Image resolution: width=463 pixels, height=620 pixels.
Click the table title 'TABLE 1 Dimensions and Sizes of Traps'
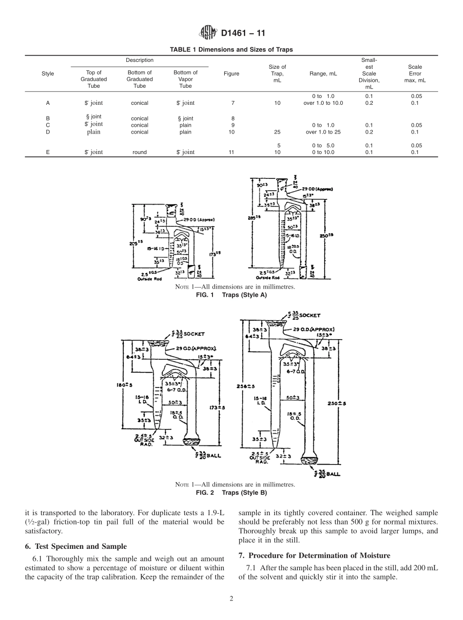pyautogui.click(x=231, y=50)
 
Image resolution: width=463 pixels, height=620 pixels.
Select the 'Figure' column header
pyautogui.click(x=231, y=74)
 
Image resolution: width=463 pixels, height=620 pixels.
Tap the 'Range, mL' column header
pyautogui.click(x=323, y=74)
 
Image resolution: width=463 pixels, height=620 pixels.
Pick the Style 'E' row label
pyautogui.click(x=48, y=152)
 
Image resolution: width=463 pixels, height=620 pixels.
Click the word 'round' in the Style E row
pyautogui.click(x=139, y=152)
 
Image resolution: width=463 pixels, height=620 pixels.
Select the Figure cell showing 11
pyautogui.click(x=231, y=152)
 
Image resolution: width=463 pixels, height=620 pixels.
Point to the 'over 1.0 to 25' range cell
pyautogui.click(x=323, y=132)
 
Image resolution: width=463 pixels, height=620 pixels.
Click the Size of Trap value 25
pyautogui.click(x=277, y=132)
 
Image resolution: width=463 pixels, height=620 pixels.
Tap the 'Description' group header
pyautogui.click(x=139, y=60)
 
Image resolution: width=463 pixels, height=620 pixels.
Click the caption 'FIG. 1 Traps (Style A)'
pyautogui.click(x=231, y=295)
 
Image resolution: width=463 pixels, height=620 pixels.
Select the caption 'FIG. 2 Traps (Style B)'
pyautogui.click(x=231, y=492)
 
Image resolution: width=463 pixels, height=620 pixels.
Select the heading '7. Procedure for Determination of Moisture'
pyautogui.click(x=314, y=556)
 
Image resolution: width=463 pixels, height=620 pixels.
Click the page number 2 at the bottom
pyautogui.click(x=231, y=599)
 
